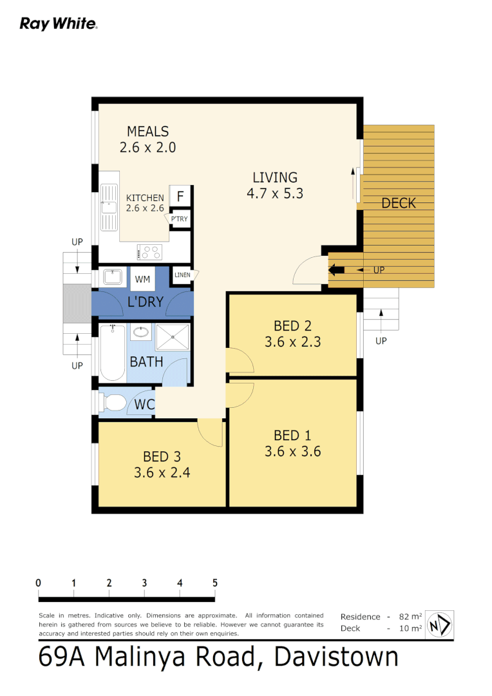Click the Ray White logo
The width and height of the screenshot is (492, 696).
[58, 24]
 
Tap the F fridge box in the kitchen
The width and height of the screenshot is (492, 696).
[180, 196]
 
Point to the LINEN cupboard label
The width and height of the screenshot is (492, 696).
[182, 276]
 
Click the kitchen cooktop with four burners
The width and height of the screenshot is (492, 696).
[149, 251]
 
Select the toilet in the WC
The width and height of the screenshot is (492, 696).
[113, 403]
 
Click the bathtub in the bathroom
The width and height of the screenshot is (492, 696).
[113, 353]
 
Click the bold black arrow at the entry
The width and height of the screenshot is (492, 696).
[337, 269]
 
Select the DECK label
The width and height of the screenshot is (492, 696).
[398, 204]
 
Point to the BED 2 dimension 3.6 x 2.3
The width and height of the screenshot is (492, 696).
[292, 342]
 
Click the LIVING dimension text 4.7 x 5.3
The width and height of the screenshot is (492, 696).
[274, 193]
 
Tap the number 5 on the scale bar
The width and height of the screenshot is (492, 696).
[214, 583]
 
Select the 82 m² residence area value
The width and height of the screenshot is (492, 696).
[410, 617]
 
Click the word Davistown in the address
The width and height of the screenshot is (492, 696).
[336, 657]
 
